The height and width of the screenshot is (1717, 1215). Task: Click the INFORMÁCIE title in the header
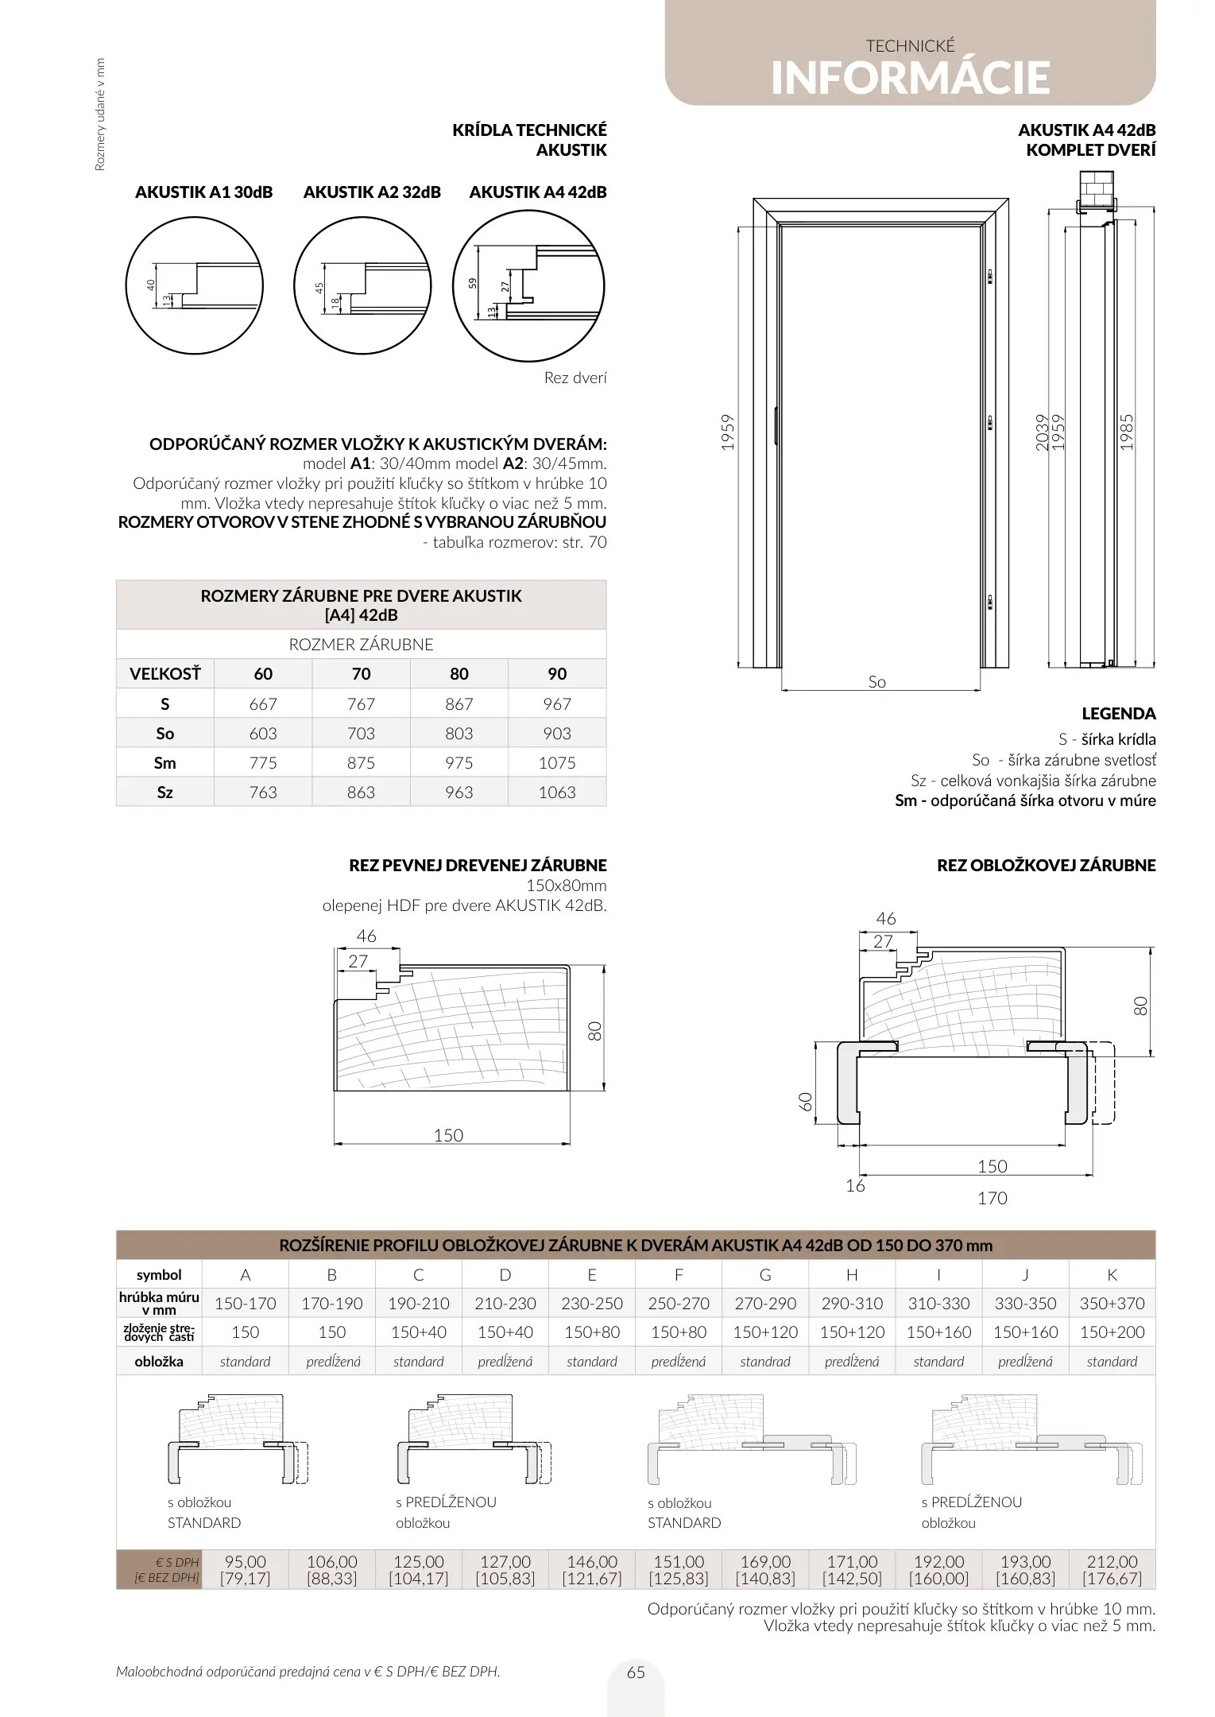click(x=910, y=78)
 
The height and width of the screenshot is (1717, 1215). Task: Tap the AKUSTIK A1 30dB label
click(x=203, y=192)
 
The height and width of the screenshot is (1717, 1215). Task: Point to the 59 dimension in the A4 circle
click(x=472, y=282)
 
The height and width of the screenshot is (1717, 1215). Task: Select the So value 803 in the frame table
click(x=459, y=734)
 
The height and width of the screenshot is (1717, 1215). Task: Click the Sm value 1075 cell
click(x=556, y=763)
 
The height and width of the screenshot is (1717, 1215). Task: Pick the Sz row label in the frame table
click(x=164, y=793)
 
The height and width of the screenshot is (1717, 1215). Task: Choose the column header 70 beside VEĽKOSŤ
click(x=361, y=674)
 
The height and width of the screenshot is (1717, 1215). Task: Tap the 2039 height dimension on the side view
click(x=1043, y=432)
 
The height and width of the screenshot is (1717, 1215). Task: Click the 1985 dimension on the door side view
click(x=1127, y=432)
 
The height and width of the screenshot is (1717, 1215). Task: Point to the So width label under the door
click(x=876, y=682)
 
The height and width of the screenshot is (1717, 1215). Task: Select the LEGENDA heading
click(x=1118, y=714)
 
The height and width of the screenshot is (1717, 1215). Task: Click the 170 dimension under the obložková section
click(x=992, y=1198)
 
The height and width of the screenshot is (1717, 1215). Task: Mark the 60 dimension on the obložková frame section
click(x=806, y=1101)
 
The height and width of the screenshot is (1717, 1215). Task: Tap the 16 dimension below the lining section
click(x=855, y=1186)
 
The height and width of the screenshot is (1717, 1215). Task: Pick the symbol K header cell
click(x=1112, y=1275)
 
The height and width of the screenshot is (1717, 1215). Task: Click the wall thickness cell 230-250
click(x=592, y=1304)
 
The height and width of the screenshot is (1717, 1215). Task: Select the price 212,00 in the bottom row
click(x=1112, y=1562)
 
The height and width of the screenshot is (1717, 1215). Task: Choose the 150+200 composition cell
click(x=1112, y=1332)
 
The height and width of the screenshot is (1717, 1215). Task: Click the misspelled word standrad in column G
click(x=765, y=1362)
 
